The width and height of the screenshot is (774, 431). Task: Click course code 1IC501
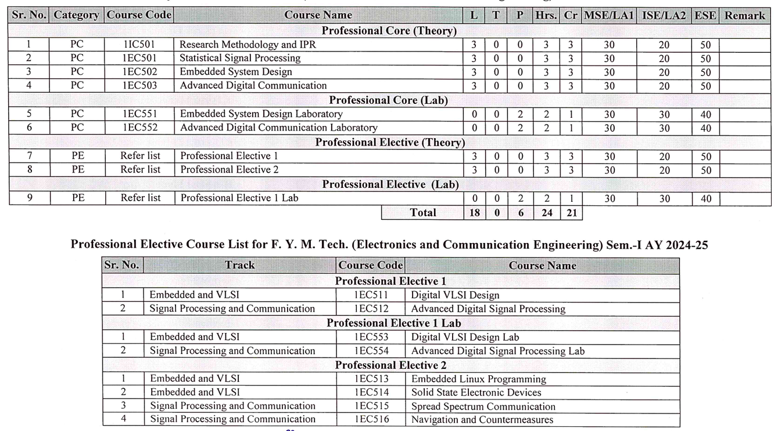tap(139, 44)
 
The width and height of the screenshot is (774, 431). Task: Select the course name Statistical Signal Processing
tap(240, 58)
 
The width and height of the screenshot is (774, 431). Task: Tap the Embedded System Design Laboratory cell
tap(261, 114)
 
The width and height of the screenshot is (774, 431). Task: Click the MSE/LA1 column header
tap(608, 16)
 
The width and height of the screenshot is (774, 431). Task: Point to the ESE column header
tap(705, 16)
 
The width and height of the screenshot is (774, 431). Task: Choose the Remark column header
tap(745, 16)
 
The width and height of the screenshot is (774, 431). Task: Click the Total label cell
tap(422, 213)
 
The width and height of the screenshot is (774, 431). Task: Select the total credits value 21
tap(571, 213)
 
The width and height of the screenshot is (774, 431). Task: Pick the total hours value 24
tap(546, 213)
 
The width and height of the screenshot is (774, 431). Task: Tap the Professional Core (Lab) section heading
tap(388, 100)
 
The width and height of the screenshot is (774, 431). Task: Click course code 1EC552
tap(139, 128)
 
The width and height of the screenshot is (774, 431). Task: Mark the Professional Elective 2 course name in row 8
tap(229, 170)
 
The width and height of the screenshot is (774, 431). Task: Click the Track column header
tap(239, 266)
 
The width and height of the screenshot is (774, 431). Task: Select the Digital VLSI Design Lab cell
tap(465, 337)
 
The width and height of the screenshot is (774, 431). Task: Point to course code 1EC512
tap(371, 309)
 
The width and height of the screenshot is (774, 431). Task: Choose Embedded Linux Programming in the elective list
tap(478, 379)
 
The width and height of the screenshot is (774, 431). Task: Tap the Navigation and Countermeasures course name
tap(482, 419)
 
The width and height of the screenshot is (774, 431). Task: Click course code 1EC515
tap(371, 406)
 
